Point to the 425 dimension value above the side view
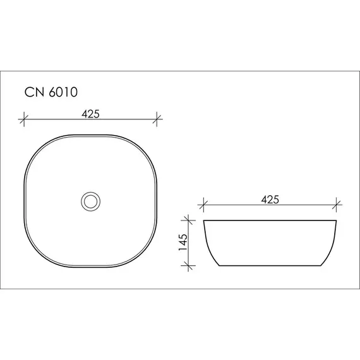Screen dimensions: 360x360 (x=270, y=200)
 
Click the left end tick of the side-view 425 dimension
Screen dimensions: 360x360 (x=203, y=205)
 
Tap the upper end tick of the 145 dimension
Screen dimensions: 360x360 (x=187, y=220)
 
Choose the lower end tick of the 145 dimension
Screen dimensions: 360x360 (x=187, y=267)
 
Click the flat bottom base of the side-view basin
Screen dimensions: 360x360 (x=270, y=267)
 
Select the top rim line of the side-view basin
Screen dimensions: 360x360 (x=270, y=220)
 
